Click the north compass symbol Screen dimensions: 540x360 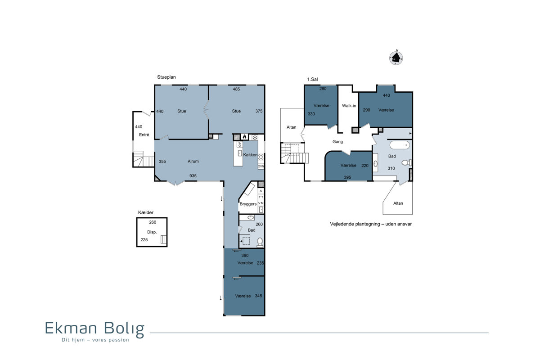(x=396, y=58)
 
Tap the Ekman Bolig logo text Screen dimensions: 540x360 (x=95, y=328)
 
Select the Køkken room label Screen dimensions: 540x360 (x=250, y=155)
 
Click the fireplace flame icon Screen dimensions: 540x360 (x=244, y=137)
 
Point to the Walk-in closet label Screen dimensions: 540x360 (x=349, y=106)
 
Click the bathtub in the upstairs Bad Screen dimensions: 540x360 (x=400, y=145)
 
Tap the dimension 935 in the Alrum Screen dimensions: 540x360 (x=193, y=176)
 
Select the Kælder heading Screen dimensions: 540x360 (x=146, y=212)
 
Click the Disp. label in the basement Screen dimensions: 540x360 (x=152, y=232)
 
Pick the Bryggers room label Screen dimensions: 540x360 (x=248, y=204)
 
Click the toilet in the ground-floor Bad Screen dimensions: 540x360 (x=260, y=242)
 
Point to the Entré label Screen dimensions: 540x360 (x=144, y=135)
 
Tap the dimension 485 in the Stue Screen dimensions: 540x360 (x=236, y=89)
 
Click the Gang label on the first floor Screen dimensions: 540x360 (x=337, y=142)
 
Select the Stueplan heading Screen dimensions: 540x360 (x=166, y=77)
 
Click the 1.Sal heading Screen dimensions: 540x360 (x=312, y=79)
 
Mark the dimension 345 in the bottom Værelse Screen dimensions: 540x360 (x=258, y=296)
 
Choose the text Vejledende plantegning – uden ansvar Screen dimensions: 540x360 (x=371, y=224)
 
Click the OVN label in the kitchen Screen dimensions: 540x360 (x=261, y=166)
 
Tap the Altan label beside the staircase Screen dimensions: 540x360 (x=291, y=127)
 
